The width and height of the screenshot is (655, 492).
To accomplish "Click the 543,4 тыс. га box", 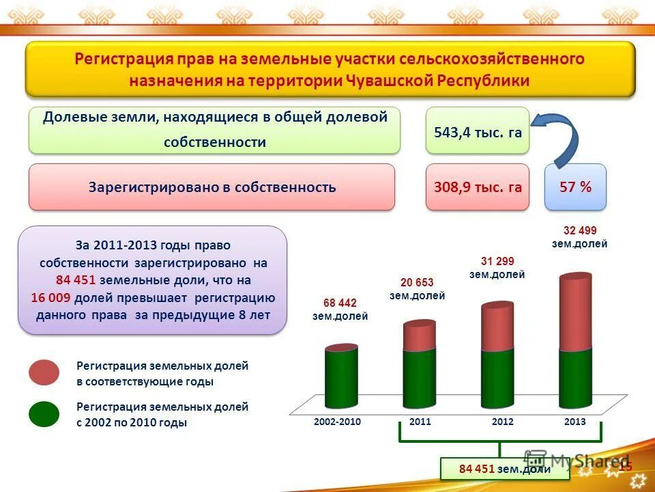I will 478,132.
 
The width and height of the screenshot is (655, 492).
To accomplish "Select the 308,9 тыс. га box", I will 478,187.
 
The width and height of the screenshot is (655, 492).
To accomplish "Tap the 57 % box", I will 575,187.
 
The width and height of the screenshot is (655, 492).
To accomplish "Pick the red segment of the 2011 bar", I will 419,335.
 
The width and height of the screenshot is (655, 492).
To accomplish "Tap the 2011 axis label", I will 420,422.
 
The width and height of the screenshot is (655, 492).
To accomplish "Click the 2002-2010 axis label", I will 337,422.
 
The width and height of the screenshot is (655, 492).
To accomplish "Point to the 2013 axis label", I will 575,422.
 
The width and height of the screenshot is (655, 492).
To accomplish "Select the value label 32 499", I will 579,230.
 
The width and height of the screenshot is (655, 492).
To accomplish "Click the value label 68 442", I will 340,303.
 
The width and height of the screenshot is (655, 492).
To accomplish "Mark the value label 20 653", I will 417,282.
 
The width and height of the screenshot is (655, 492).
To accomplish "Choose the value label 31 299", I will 497,261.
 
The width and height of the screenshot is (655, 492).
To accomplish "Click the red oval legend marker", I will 44,373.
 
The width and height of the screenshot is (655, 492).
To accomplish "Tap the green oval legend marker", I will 44,413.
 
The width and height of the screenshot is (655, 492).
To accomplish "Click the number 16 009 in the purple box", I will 51,298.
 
